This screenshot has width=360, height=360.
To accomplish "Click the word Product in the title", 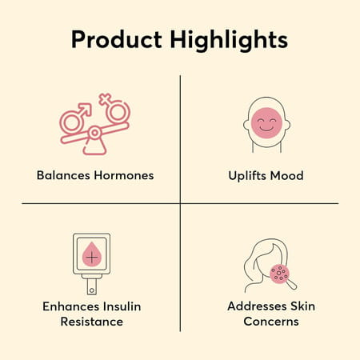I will tap(116, 40).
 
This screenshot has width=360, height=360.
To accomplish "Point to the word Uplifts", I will tap(244, 175).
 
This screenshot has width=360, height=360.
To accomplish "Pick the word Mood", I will tap(287, 175).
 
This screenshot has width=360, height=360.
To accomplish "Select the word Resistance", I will tap(95, 322).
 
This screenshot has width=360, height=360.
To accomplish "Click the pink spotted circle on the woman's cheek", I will tap(279, 274).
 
